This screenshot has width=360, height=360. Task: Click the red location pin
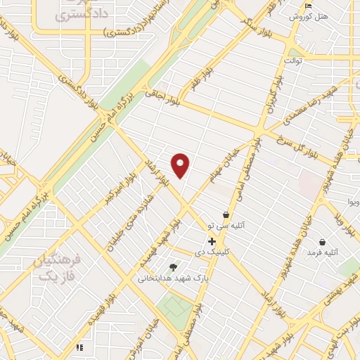click(x=181, y=166)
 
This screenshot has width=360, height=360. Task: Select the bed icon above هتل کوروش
click(x=309, y=6)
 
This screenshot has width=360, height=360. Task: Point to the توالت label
click(x=292, y=61)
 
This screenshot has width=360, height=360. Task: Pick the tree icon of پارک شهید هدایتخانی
click(x=173, y=267)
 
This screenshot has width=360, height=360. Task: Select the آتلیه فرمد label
click(x=324, y=252)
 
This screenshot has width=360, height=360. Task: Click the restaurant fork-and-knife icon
click(x=79, y=347)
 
